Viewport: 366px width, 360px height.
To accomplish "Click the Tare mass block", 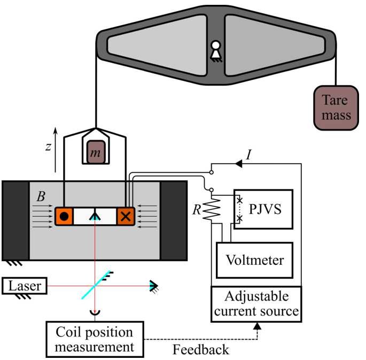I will pos(336,108).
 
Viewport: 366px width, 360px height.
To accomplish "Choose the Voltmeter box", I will pos(254,261).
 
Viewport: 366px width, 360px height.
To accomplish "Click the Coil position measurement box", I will pos(95,339).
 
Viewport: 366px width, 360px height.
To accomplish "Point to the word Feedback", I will pos(201,350).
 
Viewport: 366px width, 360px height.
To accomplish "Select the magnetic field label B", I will pos(41,196).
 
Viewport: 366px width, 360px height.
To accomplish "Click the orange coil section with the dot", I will pos(64,217).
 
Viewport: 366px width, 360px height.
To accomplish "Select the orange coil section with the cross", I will pos(126,217).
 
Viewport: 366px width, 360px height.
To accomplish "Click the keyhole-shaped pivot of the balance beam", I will pos(216,50).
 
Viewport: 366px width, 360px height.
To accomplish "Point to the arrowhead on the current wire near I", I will pos(239,164).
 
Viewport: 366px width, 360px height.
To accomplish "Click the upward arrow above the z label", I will pos(56,132).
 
